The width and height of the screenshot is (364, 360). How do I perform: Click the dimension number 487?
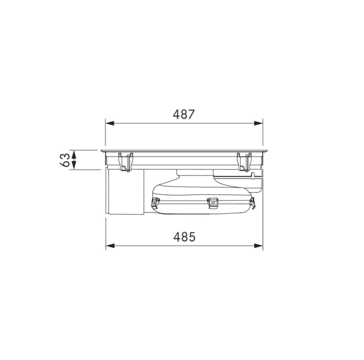point(184,114)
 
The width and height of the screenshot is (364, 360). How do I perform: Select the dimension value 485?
point(185,237)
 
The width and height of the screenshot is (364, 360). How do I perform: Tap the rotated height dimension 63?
point(65,160)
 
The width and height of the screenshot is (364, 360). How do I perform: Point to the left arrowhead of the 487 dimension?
point(110,123)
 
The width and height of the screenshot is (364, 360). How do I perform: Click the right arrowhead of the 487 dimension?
point(258,123)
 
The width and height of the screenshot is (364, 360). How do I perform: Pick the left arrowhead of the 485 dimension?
point(110,246)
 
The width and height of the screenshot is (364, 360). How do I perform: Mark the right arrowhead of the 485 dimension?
point(258,246)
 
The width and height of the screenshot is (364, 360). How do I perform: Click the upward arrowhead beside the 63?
point(74,154)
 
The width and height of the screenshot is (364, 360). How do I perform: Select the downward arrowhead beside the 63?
point(74,165)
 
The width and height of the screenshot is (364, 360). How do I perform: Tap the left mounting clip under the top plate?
point(126,162)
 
